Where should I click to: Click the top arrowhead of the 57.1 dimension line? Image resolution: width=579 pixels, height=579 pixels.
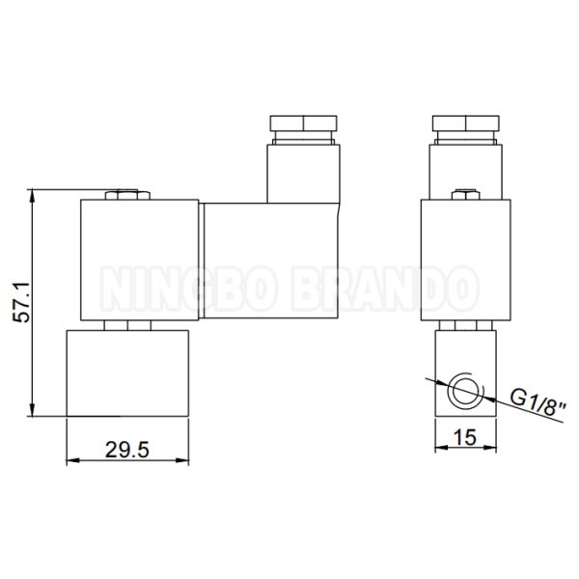click(x=36, y=196)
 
